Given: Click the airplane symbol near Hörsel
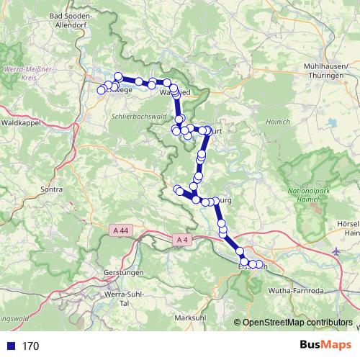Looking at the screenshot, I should pyautogui.click(x=338, y=251).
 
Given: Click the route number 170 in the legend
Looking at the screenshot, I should pyautogui.click(x=30, y=346).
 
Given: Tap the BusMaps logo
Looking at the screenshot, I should pyautogui.click(x=322, y=346).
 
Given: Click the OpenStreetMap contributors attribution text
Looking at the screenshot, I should pyautogui.click(x=297, y=323).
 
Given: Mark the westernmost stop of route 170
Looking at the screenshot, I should pyautogui.click(x=102, y=91).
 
